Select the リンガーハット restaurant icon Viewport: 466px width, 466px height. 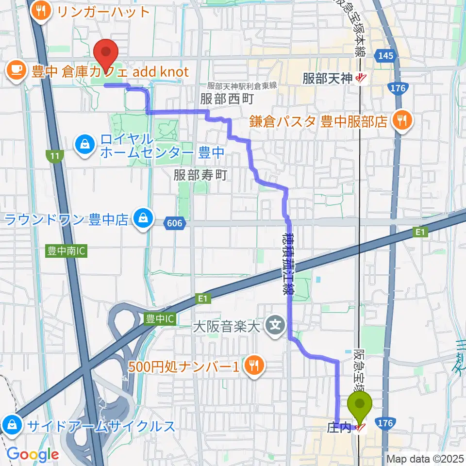[41, 11]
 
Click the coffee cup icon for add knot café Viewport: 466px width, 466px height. [17, 72]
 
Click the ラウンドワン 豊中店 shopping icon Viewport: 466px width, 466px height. [144, 219]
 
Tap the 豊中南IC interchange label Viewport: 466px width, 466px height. [67, 252]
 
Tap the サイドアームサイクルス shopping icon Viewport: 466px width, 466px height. [11, 426]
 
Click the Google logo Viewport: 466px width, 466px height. [33, 454]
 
